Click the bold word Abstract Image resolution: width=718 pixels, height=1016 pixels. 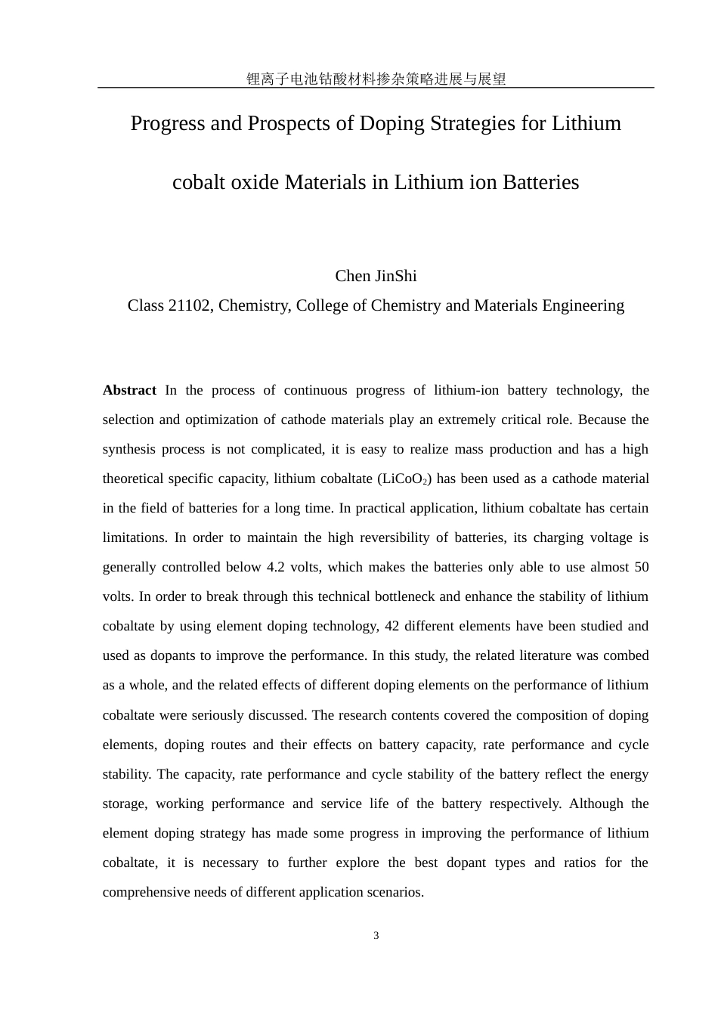[129, 390]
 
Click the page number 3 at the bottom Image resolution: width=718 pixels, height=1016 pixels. [376, 936]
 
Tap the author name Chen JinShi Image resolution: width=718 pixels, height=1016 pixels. [376, 276]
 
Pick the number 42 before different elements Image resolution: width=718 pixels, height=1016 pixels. [391, 626]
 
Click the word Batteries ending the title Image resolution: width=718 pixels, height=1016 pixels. [540, 182]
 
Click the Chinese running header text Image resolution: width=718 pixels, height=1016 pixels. [376, 79]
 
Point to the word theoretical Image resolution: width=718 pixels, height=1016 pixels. [134, 479]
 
